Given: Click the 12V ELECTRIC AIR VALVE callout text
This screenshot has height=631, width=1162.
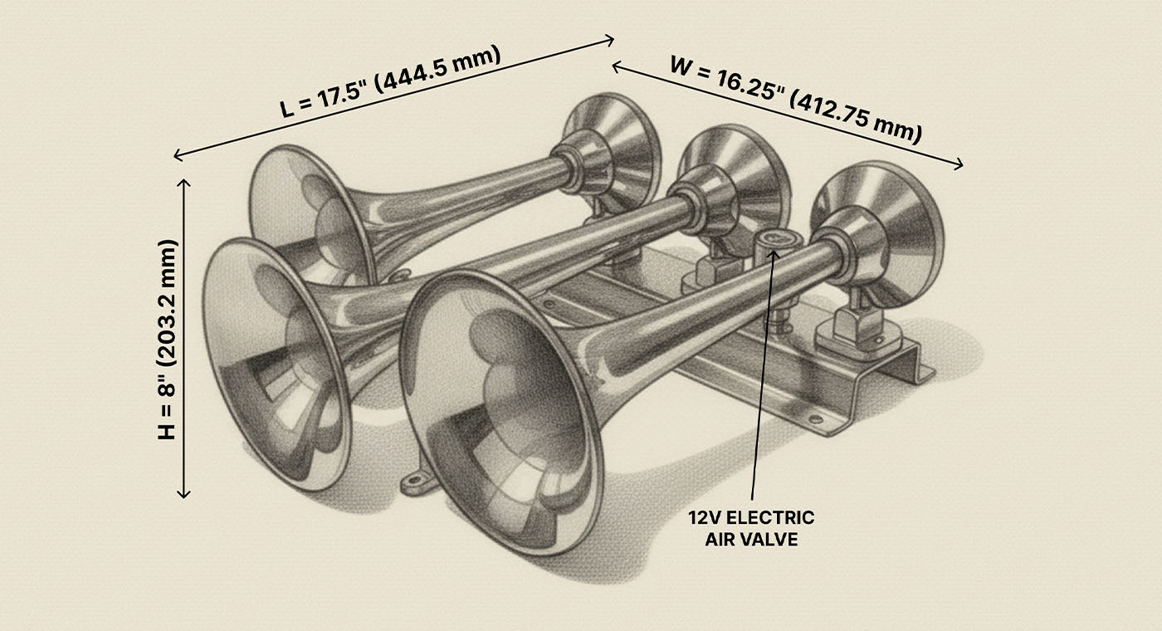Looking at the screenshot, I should click(751, 528).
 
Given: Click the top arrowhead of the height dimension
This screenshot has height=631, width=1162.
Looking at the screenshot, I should click(184, 181).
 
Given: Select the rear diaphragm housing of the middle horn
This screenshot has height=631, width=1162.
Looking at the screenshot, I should click(735, 187).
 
